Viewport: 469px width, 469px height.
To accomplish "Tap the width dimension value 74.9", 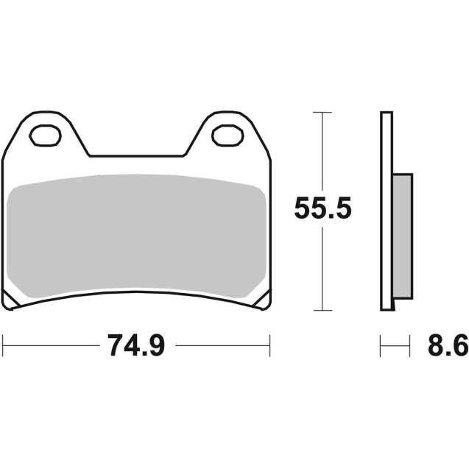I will [x=135, y=345].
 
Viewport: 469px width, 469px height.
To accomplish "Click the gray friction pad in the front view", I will [x=136, y=233].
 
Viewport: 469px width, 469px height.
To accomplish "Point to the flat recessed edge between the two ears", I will [x=136, y=156].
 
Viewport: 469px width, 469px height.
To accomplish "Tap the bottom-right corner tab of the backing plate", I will [x=264, y=302].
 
